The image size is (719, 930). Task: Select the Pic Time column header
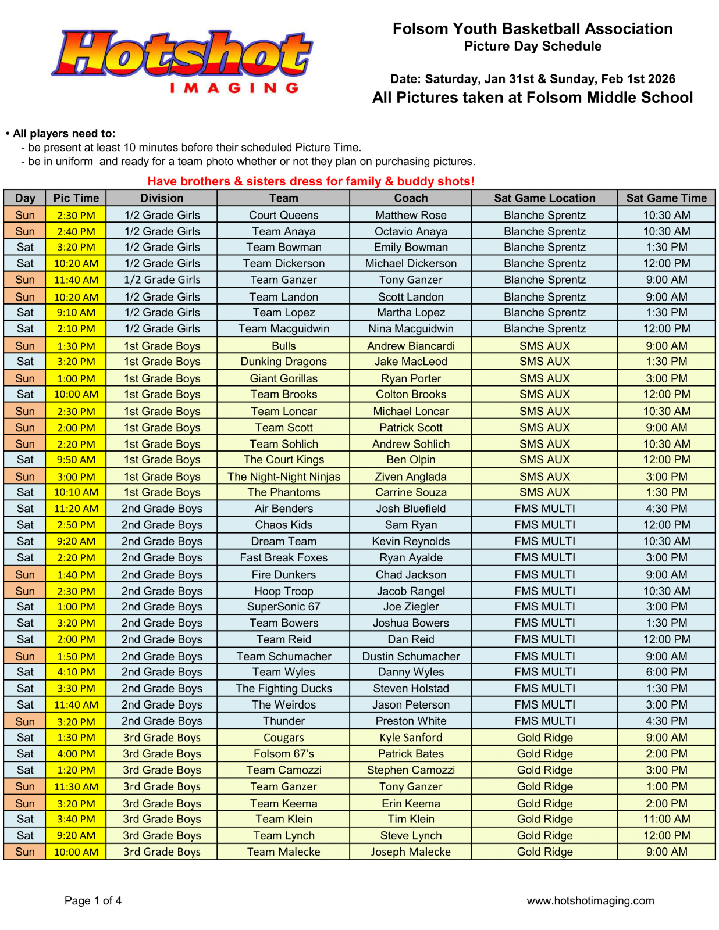coord(76,198)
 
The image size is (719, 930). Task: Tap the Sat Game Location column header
coord(544,198)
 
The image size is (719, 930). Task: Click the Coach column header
coord(411,198)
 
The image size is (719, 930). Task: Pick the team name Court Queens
coord(283,215)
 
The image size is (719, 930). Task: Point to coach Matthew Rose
coord(411,215)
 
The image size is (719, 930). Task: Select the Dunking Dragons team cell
coord(283,362)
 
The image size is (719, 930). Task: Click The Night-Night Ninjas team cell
coord(283,477)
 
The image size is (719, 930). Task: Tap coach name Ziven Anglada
coord(411,477)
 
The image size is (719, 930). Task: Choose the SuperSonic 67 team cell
coord(283,607)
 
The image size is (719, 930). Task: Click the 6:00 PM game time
coord(666,672)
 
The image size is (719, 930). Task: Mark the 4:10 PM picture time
coord(76,672)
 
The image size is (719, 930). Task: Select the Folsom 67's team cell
coord(283,754)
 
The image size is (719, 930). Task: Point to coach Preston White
coord(411,721)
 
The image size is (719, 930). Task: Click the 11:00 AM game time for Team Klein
coord(666,819)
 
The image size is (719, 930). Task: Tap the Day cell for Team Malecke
coord(25,852)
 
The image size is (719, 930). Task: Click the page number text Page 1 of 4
coord(93,901)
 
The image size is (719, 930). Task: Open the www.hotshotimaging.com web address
coord(590,901)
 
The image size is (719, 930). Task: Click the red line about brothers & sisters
coord(311,181)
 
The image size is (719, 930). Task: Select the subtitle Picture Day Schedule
coord(532,46)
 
